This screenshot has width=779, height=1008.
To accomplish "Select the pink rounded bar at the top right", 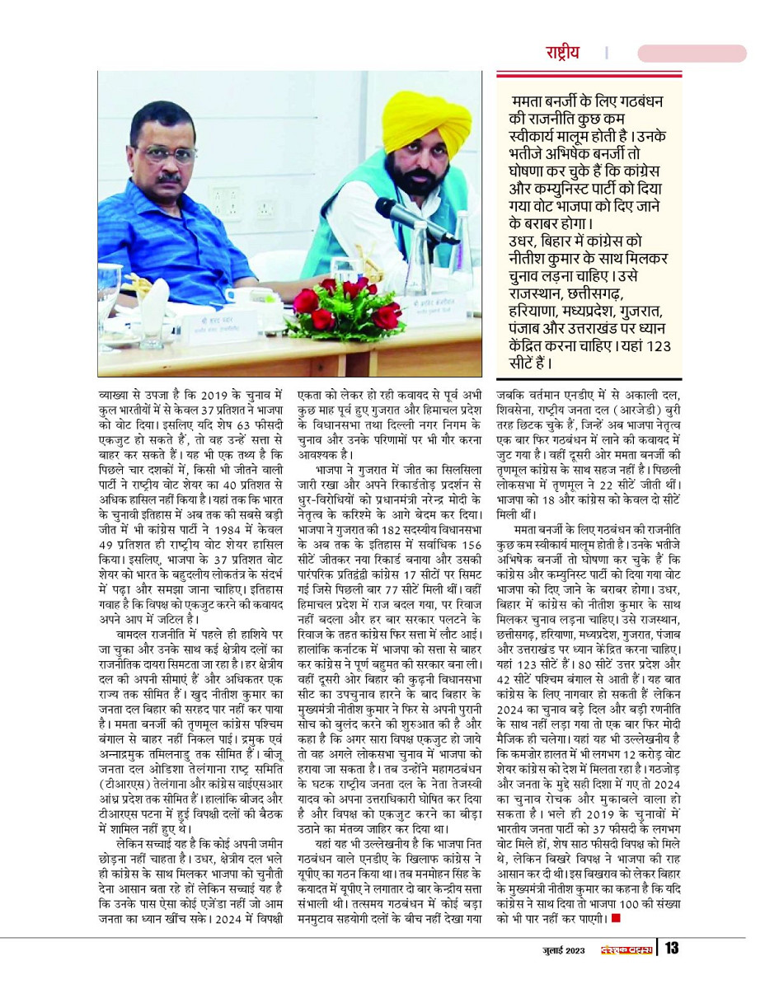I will [x=692, y=53].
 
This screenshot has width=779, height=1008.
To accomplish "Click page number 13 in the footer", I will [x=672, y=949].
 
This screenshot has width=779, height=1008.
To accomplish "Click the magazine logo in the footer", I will [x=626, y=949].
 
